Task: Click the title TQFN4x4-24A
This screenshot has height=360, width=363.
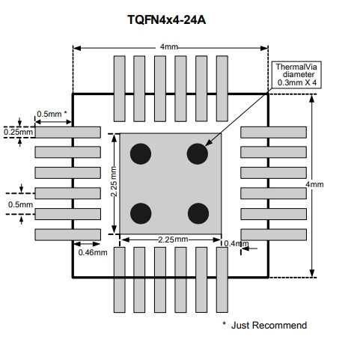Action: [x=166, y=19]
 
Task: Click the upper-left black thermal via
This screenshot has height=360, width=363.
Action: [x=141, y=153]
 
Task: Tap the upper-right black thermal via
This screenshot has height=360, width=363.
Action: [x=198, y=153]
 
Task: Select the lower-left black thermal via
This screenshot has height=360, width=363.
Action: [x=141, y=213]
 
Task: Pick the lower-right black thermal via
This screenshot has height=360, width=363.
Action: [x=198, y=213]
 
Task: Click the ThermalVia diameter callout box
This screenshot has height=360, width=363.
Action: [x=296, y=75]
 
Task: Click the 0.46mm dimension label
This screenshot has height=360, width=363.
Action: [x=93, y=252]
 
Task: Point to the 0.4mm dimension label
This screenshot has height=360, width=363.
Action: [x=236, y=243]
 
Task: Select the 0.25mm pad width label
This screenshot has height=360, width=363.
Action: [x=19, y=132]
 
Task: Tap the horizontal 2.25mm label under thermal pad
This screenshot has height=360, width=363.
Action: [x=173, y=240]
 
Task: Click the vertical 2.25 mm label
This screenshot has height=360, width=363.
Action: [x=114, y=181]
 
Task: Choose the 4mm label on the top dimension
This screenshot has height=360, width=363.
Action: [x=169, y=46]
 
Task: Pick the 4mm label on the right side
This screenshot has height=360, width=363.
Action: [x=314, y=184]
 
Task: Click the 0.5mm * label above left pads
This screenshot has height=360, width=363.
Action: [x=52, y=114]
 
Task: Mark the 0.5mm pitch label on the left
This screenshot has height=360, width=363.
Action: [x=20, y=204]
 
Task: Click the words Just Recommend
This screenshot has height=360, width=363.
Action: [x=269, y=326]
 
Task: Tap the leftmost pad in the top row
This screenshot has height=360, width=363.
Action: [x=120, y=88]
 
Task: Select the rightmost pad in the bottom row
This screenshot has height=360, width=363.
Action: [x=222, y=280]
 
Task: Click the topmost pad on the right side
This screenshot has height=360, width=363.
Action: [x=274, y=132]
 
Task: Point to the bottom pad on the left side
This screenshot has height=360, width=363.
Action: [x=68, y=235]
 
